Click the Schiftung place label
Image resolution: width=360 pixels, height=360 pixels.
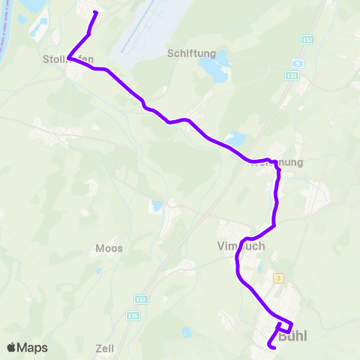point(192,53)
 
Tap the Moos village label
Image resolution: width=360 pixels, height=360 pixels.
point(109,247)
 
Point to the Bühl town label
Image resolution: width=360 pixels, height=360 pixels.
point(293,337)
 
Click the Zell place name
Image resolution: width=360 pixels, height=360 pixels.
point(104,349)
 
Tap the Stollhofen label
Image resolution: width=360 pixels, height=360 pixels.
point(68,60)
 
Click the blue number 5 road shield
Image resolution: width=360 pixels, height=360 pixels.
point(297,64)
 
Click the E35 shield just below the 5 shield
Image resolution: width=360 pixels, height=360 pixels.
point(292,76)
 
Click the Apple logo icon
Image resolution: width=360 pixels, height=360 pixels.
point(11,347)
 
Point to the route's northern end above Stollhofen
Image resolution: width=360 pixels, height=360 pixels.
point(94,13)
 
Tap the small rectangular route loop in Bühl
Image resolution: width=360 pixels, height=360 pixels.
point(284,326)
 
